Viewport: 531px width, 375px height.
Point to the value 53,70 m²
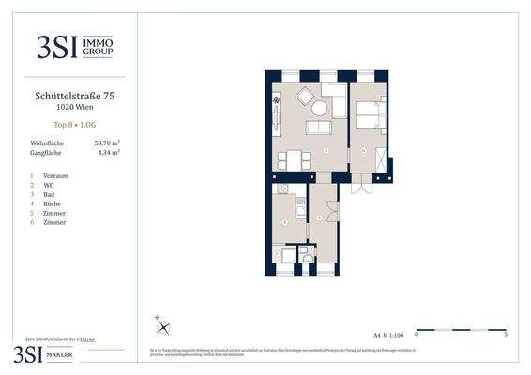[x=109, y=142]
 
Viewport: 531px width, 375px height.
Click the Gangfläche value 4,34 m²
[x=109, y=152]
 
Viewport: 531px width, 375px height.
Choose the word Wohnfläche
[x=47, y=142]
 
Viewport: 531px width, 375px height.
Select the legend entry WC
[x=48, y=186]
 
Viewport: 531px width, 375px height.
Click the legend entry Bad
[x=49, y=195]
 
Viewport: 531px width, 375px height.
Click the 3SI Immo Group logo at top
[x=71, y=47]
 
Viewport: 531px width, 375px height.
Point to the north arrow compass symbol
[x=163, y=325]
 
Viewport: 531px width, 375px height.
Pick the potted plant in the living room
[x=277, y=100]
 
